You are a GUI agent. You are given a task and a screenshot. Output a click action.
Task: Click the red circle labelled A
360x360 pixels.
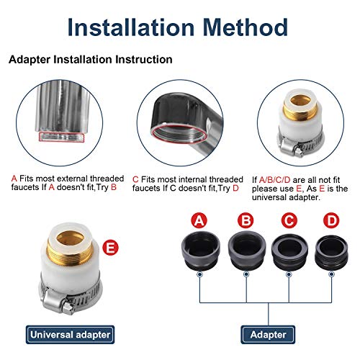(x=199, y=220)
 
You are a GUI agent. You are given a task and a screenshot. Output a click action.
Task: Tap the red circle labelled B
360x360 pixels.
(x=246, y=220)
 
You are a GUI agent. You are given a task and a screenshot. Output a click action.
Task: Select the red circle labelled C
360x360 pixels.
(x=289, y=220)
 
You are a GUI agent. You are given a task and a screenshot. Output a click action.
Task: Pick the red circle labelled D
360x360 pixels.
(x=331, y=220)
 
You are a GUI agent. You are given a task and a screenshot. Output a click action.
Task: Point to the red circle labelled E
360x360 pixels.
(x=111, y=248)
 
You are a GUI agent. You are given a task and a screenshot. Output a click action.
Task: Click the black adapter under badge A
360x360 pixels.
(x=200, y=251)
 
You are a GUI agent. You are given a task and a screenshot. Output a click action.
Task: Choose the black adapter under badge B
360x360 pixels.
(x=247, y=250)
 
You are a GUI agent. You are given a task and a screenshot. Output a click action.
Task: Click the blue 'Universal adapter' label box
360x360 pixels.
(x=70, y=335)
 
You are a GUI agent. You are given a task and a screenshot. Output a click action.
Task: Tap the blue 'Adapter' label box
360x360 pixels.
(x=268, y=335)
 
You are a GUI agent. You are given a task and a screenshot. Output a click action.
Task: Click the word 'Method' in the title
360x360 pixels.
(x=246, y=27)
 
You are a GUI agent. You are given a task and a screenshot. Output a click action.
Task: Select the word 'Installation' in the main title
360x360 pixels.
(x=131, y=27)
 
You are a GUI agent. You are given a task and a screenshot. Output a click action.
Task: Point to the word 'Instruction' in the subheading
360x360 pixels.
(x=144, y=60)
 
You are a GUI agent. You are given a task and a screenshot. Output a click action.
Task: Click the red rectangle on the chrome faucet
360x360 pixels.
(x=62, y=137)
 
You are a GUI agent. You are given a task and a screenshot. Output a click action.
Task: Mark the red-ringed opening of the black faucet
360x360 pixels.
(x=179, y=134)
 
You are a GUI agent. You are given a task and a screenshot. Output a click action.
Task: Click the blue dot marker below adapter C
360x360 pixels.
(x=289, y=274)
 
